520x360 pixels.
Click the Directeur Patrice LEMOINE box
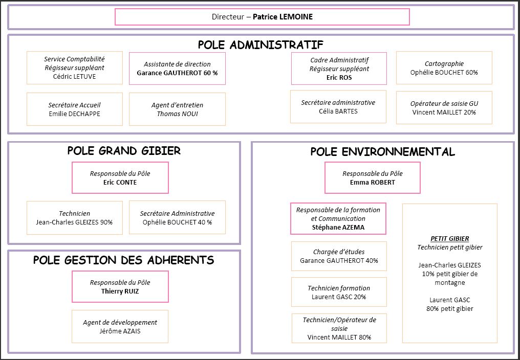[x=262, y=17]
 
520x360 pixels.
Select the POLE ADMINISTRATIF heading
[x=260, y=44]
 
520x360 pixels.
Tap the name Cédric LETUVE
[x=74, y=77]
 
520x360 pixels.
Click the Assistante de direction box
[x=177, y=69]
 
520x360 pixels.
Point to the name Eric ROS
[x=339, y=78]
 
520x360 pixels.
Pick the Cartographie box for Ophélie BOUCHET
[x=444, y=68]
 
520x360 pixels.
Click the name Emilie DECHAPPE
[x=74, y=114]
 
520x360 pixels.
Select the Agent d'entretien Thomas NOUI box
[x=177, y=109]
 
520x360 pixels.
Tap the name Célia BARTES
[x=338, y=111]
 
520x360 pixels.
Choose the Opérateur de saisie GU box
[x=444, y=107]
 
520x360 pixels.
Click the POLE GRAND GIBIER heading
[x=124, y=151]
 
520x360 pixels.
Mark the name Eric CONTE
[x=120, y=182]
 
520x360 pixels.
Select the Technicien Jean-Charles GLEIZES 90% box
[x=74, y=218]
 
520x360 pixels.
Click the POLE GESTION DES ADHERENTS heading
[x=123, y=260]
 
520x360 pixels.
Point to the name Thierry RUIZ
[x=120, y=291]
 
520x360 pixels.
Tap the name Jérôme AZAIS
[x=120, y=331]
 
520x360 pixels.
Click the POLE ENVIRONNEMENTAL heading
[x=382, y=151]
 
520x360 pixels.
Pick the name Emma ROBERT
[x=372, y=182]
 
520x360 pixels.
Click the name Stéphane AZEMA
[x=338, y=227]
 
